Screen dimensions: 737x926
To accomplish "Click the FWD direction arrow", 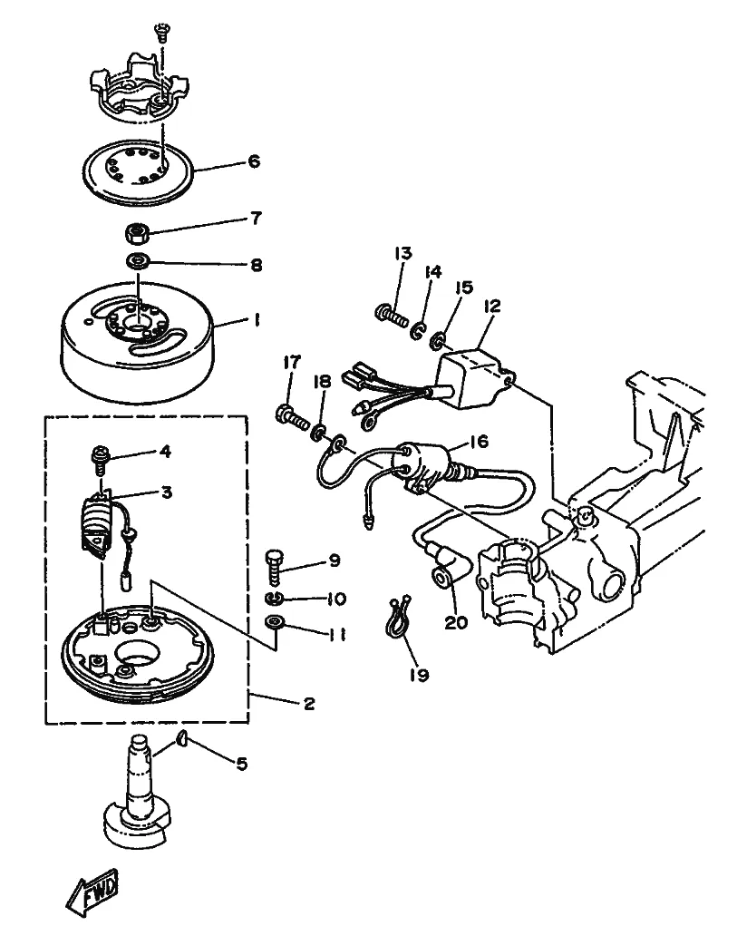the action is click(92, 891).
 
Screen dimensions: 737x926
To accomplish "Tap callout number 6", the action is click(254, 161).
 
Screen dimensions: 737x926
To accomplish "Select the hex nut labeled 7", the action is click(137, 233).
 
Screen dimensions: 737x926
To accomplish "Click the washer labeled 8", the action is click(138, 260).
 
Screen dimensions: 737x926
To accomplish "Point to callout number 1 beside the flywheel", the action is click(257, 321).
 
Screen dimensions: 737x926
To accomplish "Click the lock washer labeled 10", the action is click(275, 599).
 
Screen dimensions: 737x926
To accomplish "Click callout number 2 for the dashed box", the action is click(309, 704).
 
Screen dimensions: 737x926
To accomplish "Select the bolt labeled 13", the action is click(392, 315).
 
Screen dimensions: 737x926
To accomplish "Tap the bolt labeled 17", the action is click(292, 417).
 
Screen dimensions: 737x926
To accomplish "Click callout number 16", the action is click(479, 441).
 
